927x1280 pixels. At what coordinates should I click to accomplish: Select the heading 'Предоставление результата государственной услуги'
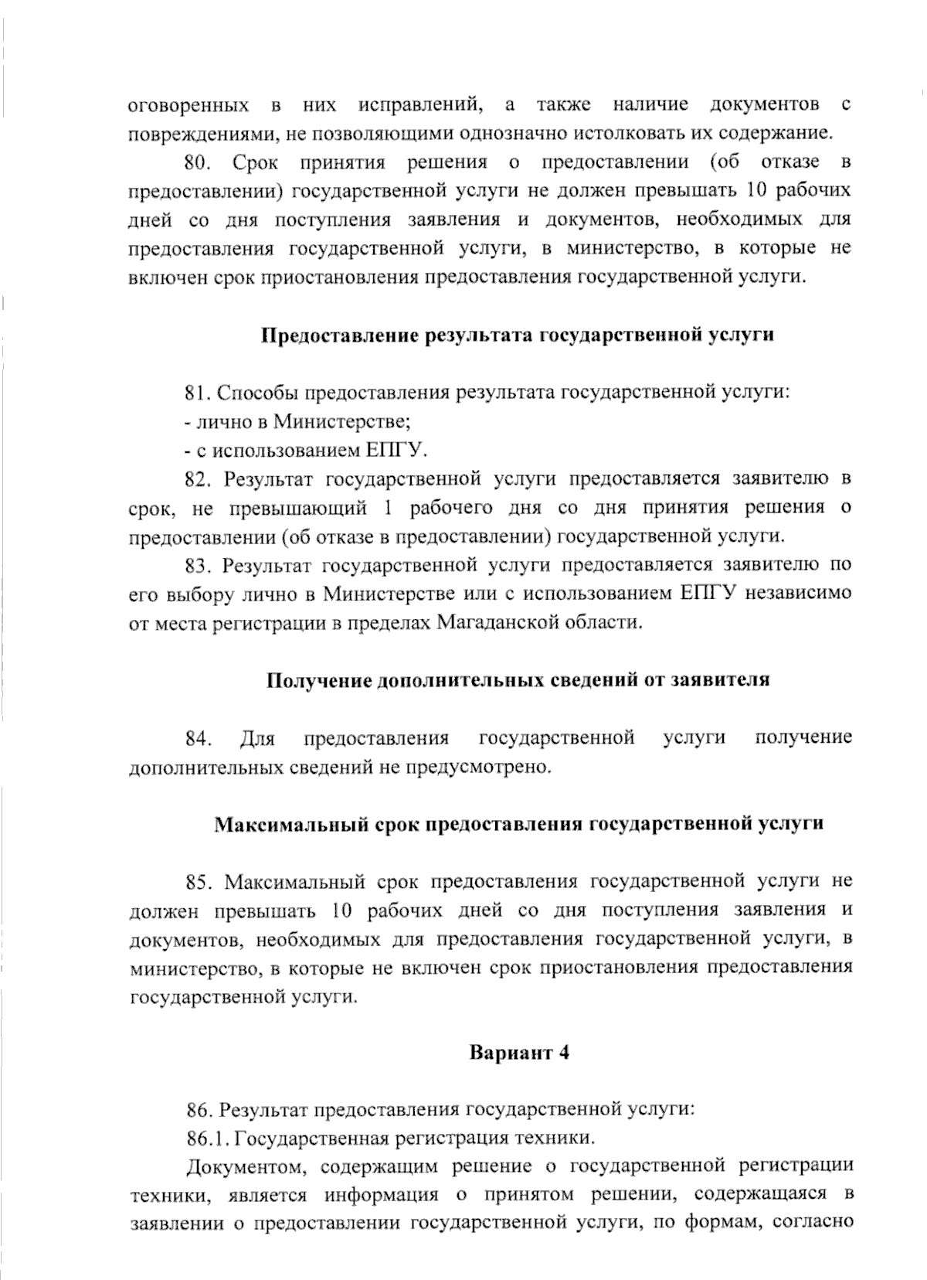coord(518,335)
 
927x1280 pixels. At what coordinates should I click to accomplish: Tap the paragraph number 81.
coord(199,393)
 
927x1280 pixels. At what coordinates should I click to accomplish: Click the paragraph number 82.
coord(199,479)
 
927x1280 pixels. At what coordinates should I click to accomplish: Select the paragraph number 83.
coord(199,566)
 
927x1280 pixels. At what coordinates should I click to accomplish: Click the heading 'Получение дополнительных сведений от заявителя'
coord(518,680)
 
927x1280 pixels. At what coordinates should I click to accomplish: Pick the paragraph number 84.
coord(199,738)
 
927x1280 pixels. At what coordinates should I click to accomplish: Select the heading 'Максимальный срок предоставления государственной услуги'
coord(518,824)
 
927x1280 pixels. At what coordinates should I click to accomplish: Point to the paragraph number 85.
coord(199,882)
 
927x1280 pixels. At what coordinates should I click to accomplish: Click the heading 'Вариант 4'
coord(519,1054)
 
